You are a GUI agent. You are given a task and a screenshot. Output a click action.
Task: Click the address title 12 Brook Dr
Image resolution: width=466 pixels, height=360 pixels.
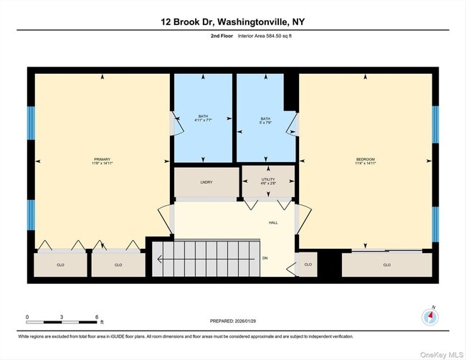(232, 22)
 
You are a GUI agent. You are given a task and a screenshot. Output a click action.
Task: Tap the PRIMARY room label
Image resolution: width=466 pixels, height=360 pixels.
(103, 159)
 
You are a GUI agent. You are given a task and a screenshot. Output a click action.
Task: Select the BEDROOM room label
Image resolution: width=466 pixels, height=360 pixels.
(365, 159)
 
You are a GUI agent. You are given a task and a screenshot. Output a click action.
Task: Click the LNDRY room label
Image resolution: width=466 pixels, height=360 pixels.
(206, 183)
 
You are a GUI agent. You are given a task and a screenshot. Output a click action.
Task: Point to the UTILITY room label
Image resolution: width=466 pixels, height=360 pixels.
(268, 179)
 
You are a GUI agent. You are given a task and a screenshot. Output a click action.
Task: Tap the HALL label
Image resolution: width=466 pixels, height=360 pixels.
(273, 222)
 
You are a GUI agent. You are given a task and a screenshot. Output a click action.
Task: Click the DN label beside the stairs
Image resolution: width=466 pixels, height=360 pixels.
(265, 258)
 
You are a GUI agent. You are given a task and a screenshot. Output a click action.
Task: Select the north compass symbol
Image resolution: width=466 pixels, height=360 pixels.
(430, 316)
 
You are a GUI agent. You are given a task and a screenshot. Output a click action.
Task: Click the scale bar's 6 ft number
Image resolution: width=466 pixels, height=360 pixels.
(96, 316)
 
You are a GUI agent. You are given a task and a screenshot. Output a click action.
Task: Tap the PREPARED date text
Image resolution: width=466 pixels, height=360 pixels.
(232, 321)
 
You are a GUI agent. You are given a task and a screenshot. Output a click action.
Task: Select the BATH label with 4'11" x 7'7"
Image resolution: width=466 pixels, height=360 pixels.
(203, 118)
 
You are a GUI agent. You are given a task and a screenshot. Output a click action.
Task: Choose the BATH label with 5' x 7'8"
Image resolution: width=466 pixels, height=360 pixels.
(265, 118)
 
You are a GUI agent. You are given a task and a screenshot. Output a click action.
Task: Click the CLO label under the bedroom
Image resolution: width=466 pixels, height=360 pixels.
(386, 265)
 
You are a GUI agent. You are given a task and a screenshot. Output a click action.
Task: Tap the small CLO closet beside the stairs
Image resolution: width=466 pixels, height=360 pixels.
(308, 265)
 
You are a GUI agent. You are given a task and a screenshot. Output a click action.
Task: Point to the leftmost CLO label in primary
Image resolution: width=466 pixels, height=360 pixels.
(60, 265)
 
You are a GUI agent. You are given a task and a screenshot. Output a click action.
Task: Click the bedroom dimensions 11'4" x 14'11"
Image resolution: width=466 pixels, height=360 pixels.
(365, 164)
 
